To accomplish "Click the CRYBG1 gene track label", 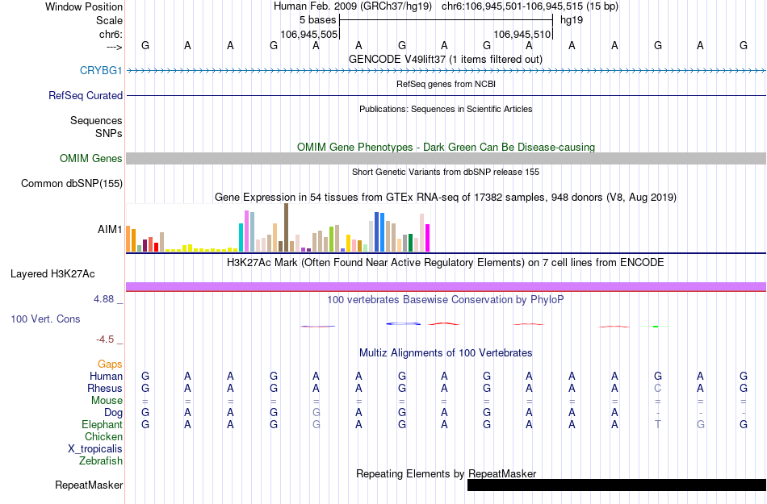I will (101, 70).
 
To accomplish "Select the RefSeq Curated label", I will (86, 95).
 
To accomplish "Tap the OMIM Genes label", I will (91, 158).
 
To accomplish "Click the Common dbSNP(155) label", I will (72, 183).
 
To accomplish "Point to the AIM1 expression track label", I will (110, 229).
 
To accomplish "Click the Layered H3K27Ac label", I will (58, 273).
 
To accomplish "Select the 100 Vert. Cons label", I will (45, 319).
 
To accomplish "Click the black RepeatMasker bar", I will (616, 485).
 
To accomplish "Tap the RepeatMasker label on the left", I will (89, 485).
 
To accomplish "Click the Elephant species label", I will (102, 424).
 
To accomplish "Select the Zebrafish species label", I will (101, 460).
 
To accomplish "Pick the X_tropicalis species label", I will (95, 448).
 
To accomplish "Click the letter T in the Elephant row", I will (658, 424).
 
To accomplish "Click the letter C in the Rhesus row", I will (658, 388).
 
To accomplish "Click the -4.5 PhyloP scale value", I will (107, 339).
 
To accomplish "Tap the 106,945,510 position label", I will (522, 34).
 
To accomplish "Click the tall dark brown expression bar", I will (286, 227).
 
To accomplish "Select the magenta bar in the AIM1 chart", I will (428, 238).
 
